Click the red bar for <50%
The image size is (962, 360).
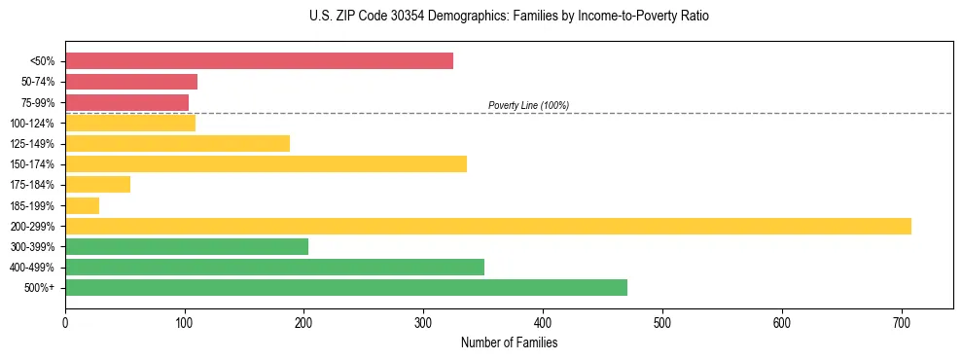(x=259, y=61)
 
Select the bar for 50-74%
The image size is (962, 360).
(x=131, y=82)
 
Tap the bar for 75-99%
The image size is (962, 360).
(x=126, y=102)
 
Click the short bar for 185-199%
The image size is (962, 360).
(x=82, y=205)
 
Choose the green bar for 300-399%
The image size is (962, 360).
(x=187, y=247)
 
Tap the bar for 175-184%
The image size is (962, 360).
(x=97, y=185)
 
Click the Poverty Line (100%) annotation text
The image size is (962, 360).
(x=528, y=105)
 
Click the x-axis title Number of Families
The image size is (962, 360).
(x=509, y=343)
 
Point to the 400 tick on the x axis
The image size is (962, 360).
(x=543, y=322)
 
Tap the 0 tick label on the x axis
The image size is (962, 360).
(x=65, y=322)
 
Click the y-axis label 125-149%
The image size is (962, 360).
(x=32, y=144)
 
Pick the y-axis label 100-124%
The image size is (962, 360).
(x=32, y=124)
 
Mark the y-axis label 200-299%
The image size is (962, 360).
(x=32, y=227)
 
